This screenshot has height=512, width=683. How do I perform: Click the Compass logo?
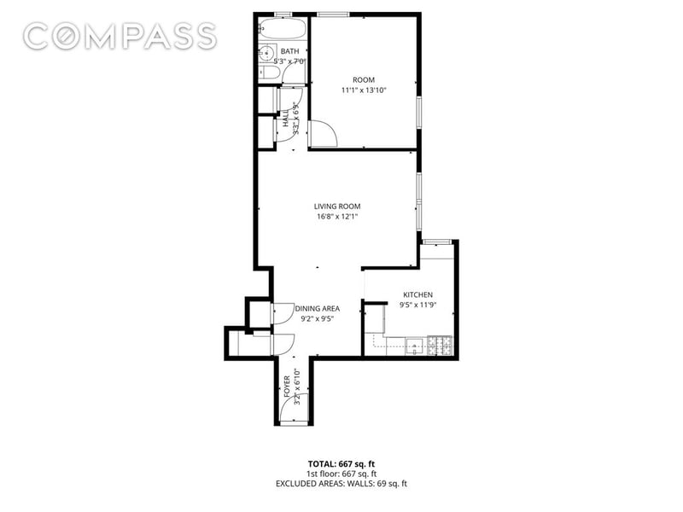(x=120, y=36)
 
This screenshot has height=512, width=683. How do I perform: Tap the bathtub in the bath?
(x=282, y=29)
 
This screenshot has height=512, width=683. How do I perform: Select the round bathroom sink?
(x=266, y=54)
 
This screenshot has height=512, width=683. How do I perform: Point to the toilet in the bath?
(x=270, y=73)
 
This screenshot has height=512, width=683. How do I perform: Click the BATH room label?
(x=289, y=51)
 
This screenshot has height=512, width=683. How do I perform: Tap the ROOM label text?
(x=364, y=80)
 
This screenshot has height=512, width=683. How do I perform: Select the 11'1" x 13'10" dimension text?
(x=364, y=90)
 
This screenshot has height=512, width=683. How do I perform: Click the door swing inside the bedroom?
(x=323, y=134)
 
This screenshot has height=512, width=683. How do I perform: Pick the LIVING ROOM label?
(x=337, y=207)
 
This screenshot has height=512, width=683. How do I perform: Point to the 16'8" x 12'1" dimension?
(x=337, y=217)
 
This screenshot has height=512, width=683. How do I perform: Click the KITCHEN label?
(x=417, y=294)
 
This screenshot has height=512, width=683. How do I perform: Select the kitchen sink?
(x=415, y=346)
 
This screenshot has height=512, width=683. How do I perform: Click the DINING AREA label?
(x=317, y=309)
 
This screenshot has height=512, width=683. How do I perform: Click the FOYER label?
(x=287, y=387)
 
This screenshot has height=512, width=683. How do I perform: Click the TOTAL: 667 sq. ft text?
(x=341, y=464)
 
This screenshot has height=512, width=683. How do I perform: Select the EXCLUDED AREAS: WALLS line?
(x=341, y=484)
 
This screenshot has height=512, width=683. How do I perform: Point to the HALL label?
(x=286, y=118)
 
